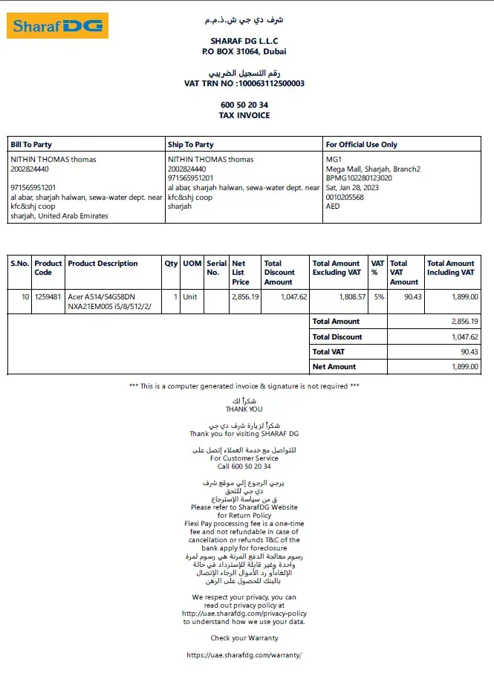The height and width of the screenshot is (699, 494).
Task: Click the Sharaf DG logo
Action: pyautogui.click(x=58, y=25)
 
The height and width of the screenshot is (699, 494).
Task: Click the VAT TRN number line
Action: pyautogui.click(x=244, y=84)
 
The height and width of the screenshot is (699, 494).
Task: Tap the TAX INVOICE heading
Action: pyautogui.click(x=244, y=116)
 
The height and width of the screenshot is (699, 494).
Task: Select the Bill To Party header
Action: pyautogui.click(x=31, y=145)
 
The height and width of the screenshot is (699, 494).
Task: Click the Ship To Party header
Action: pyautogui.click(x=191, y=145)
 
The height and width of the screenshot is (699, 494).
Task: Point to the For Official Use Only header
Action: pyautogui.click(x=362, y=145)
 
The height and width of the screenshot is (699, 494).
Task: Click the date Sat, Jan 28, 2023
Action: pyautogui.click(x=353, y=188)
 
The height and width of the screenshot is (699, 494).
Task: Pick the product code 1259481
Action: pyautogui.click(x=48, y=296)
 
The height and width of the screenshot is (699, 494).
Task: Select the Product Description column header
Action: pyautogui.click(x=103, y=264)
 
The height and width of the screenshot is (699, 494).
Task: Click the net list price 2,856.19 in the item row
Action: pyautogui.click(x=245, y=296)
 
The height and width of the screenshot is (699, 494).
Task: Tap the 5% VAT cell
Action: pyautogui.click(x=379, y=296)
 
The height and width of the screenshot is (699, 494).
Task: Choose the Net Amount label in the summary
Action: pyautogui.click(x=334, y=367)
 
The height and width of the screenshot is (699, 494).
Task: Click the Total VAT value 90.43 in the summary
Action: pyautogui.click(x=469, y=352)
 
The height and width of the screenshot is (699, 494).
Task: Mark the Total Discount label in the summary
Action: pyautogui.click(x=337, y=337)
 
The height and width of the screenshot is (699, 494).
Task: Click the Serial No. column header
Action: pyautogui.click(x=216, y=267)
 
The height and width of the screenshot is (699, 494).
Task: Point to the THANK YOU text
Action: pyautogui.click(x=244, y=409)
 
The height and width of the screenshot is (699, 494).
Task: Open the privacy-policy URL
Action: pyautogui.click(x=244, y=614)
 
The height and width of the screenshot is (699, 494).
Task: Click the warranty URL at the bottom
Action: pyautogui.click(x=244, y=655)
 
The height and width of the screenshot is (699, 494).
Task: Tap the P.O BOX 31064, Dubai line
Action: pyautogui.click(x=244, y=52)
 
